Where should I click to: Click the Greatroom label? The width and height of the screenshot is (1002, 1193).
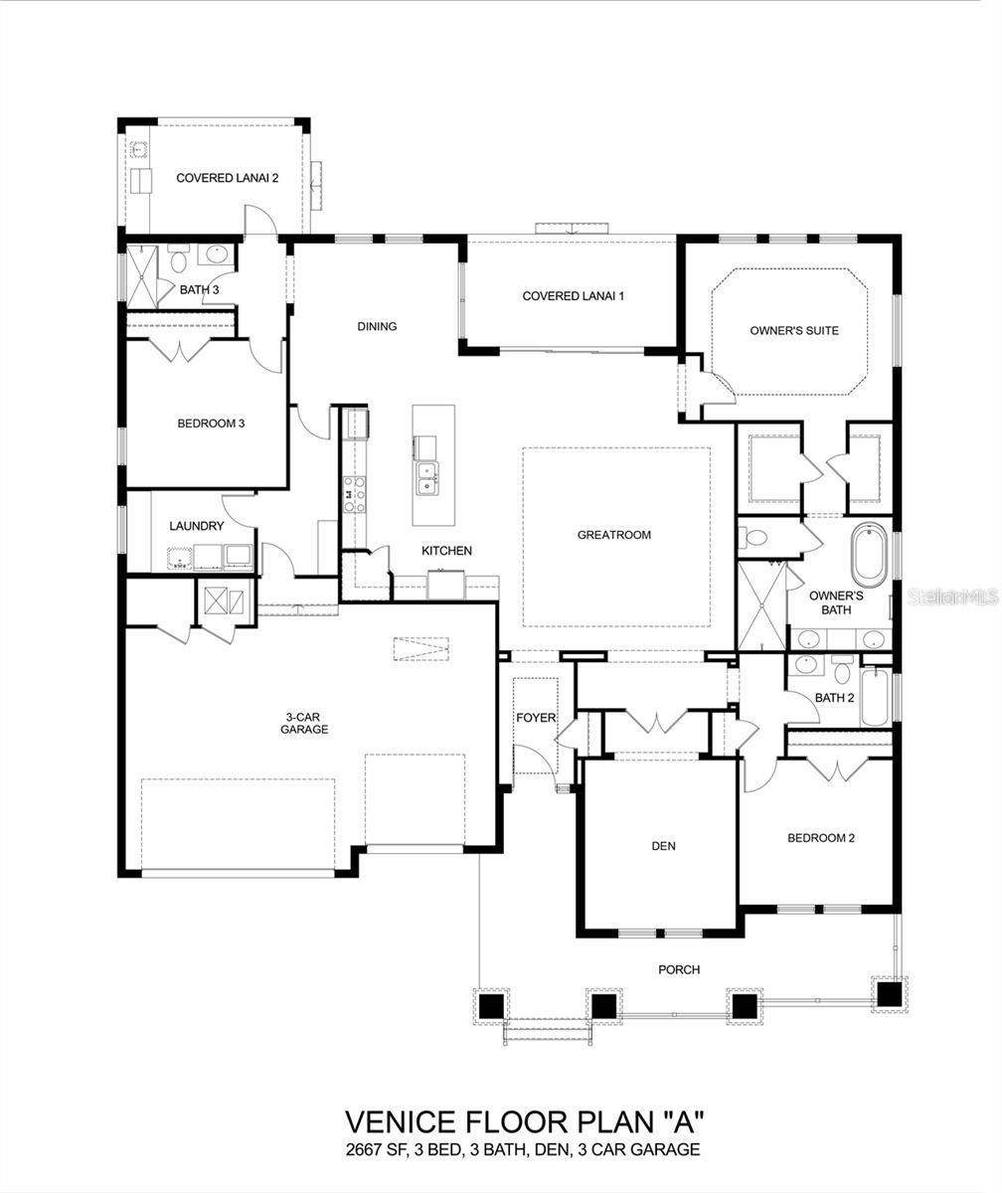point(614,535)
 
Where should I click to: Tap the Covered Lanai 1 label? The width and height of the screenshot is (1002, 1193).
point(573,296)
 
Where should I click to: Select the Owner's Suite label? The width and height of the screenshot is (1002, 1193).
point(794,331)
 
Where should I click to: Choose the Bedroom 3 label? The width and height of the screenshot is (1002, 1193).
point(211,424)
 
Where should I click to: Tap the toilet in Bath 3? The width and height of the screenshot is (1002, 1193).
point(179,259)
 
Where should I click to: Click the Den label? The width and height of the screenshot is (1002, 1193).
point(663,846)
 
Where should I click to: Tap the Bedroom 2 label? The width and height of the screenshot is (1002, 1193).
point(821,838)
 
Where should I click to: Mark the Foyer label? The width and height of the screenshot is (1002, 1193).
point(536,718)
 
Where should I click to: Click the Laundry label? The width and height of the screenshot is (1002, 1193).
point(197,526)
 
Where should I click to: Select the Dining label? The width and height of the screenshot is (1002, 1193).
point(377,326)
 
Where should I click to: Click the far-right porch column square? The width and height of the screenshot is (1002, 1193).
point(889,993)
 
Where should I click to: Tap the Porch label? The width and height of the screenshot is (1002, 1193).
point(679,969)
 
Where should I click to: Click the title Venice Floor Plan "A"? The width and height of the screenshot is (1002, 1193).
point(525,1121)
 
